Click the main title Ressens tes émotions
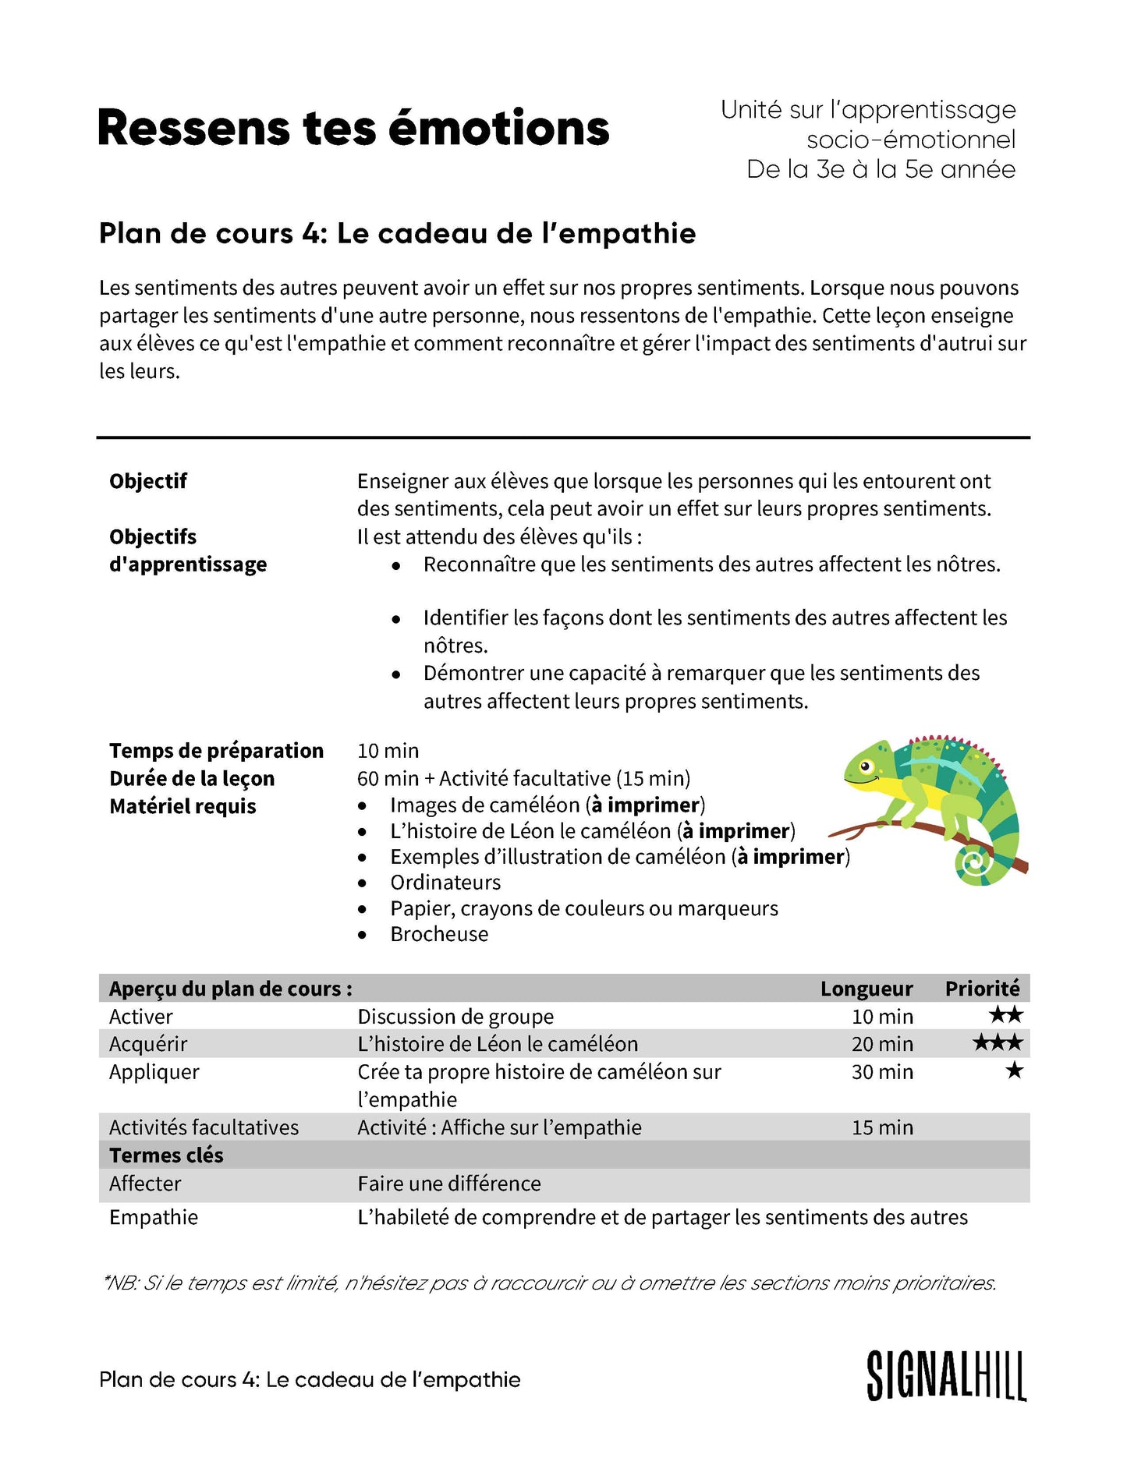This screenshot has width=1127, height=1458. (353, 128)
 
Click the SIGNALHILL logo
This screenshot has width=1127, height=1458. (946, 1376)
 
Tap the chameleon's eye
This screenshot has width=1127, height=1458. (866, 766)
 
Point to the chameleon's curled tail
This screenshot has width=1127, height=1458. (975, 863)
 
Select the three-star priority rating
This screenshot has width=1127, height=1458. (998, 1043)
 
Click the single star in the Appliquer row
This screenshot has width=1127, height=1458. (1014, 1070)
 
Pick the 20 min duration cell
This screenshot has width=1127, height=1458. (882, 1044)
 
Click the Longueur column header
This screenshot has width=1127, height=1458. (866, 989)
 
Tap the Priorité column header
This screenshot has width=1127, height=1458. (982, 989)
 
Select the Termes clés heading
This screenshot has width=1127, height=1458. (166, 1155)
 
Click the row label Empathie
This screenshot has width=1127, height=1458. (154, 1217)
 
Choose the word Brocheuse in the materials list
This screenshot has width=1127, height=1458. (439, 934)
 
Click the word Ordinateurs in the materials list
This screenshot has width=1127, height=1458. (445, 883)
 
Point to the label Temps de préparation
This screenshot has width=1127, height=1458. (216, 751)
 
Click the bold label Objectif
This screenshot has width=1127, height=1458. (148, 481)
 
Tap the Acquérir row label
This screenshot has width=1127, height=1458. (148, 1044)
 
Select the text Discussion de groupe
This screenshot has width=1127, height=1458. (455, 1017)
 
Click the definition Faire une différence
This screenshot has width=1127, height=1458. (449, 1184)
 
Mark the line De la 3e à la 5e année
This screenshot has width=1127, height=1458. (881, 169)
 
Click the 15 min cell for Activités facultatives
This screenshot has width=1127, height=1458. (882, 1127)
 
